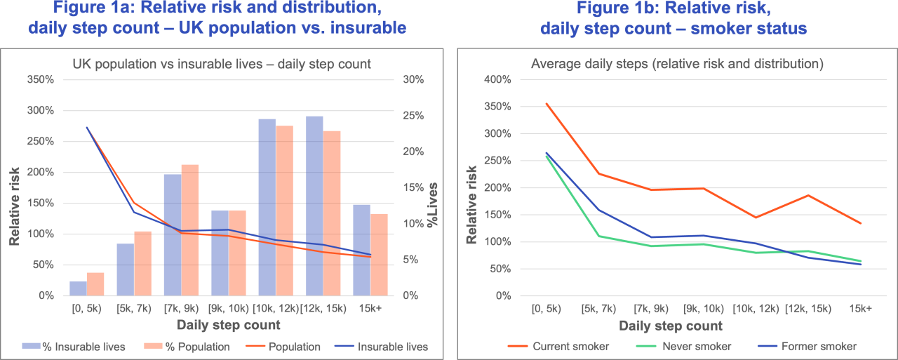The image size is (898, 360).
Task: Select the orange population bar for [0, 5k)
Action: point(95,284)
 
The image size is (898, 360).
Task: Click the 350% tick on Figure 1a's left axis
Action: point(40,79)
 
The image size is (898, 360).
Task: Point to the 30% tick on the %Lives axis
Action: point(414,79)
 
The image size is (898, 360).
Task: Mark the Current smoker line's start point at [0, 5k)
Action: point(546,104)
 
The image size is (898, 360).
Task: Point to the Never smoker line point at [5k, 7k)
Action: point(598,236)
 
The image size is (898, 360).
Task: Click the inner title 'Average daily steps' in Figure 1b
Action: point(677,64)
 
